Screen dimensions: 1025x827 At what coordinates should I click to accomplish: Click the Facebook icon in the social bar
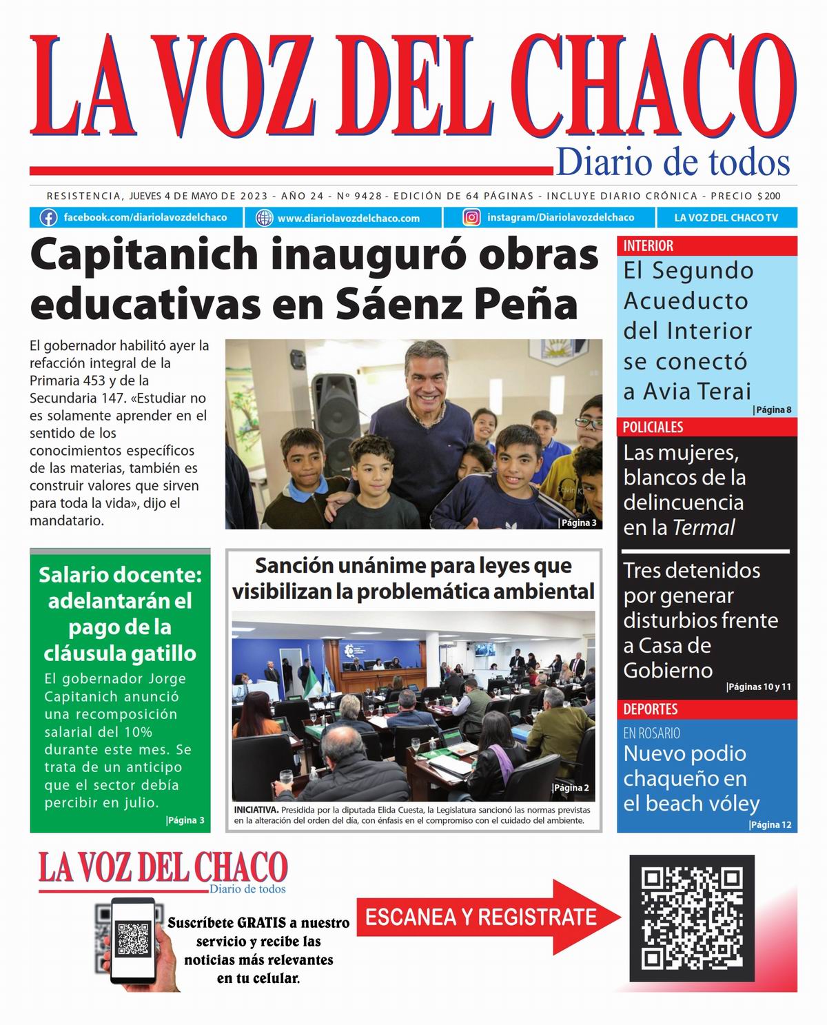[x=48, y=218]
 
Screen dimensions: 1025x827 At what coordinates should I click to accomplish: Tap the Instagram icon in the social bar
[x=471, y=218]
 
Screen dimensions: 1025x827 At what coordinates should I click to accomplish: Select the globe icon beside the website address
[x=264, y=219]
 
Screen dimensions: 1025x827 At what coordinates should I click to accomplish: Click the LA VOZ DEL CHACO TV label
[x=726, y=218]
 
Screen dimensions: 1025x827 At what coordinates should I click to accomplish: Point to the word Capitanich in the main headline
[x=143, y=255]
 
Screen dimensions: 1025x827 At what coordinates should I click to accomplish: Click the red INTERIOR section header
[x=649, y=246]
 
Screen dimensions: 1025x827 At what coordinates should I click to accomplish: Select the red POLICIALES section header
[x=653, y=427]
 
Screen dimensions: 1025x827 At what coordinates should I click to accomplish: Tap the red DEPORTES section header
[x=651, y=709]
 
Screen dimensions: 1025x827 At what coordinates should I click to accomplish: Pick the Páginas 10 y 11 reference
[x=759, y=687]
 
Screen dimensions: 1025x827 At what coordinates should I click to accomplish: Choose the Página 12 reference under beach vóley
[x=770, y=825]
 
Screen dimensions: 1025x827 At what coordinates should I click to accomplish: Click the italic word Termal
[x=704, y=528]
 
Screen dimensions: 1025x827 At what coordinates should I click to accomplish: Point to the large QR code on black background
[x=692, y=918]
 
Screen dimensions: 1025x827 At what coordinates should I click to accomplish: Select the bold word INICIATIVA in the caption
[x=256, y=810]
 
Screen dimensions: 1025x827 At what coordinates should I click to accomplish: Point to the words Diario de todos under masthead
[x=673, y=163]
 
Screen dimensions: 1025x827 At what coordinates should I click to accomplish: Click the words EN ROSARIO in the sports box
[x=651, y=733]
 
